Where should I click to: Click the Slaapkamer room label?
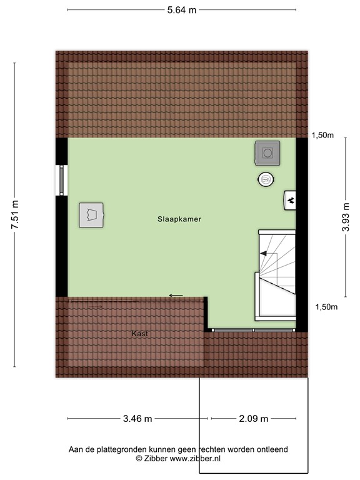179,219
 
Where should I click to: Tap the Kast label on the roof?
139,334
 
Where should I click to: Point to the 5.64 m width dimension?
182,9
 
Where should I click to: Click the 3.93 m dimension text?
346,217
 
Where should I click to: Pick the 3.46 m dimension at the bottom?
137,419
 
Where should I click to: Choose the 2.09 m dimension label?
253,419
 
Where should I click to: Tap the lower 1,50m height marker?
326,306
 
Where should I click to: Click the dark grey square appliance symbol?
267,152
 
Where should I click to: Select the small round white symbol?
266,179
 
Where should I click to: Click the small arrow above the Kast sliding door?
176,295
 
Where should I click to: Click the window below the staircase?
253,329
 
